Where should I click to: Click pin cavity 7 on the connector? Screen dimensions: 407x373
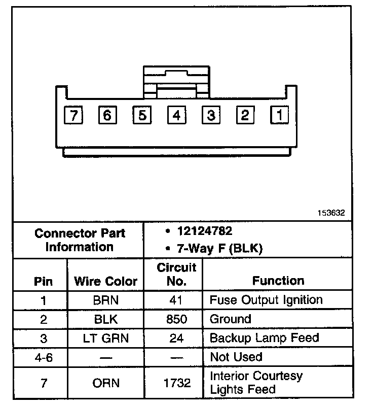tap(74, 116)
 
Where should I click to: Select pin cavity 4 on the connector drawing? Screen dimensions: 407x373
tap(176, 116)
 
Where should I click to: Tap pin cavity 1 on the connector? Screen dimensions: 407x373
tap(279, 115)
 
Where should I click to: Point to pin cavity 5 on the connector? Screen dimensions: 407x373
tap(142, 116)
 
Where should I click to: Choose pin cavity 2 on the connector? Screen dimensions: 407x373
tap(245, 116)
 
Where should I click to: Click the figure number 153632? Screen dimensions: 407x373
tap(331, 213)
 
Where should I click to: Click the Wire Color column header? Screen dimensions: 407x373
tap(105, 281)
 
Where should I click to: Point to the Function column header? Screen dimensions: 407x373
tap(278, 281)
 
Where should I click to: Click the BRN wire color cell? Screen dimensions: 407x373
tap(105, 300)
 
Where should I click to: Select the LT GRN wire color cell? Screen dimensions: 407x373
tap(105, 338)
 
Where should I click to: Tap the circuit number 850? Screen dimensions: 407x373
tap(176, 319)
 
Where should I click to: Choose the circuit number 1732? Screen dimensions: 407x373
tap(176, 383)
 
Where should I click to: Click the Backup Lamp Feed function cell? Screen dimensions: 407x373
tap(264, 338)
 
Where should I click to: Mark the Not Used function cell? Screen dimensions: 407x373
tap(236, 357)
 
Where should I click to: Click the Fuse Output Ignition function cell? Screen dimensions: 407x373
tap(266, 300)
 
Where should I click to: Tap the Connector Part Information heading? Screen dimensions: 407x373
tap(80, 241)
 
